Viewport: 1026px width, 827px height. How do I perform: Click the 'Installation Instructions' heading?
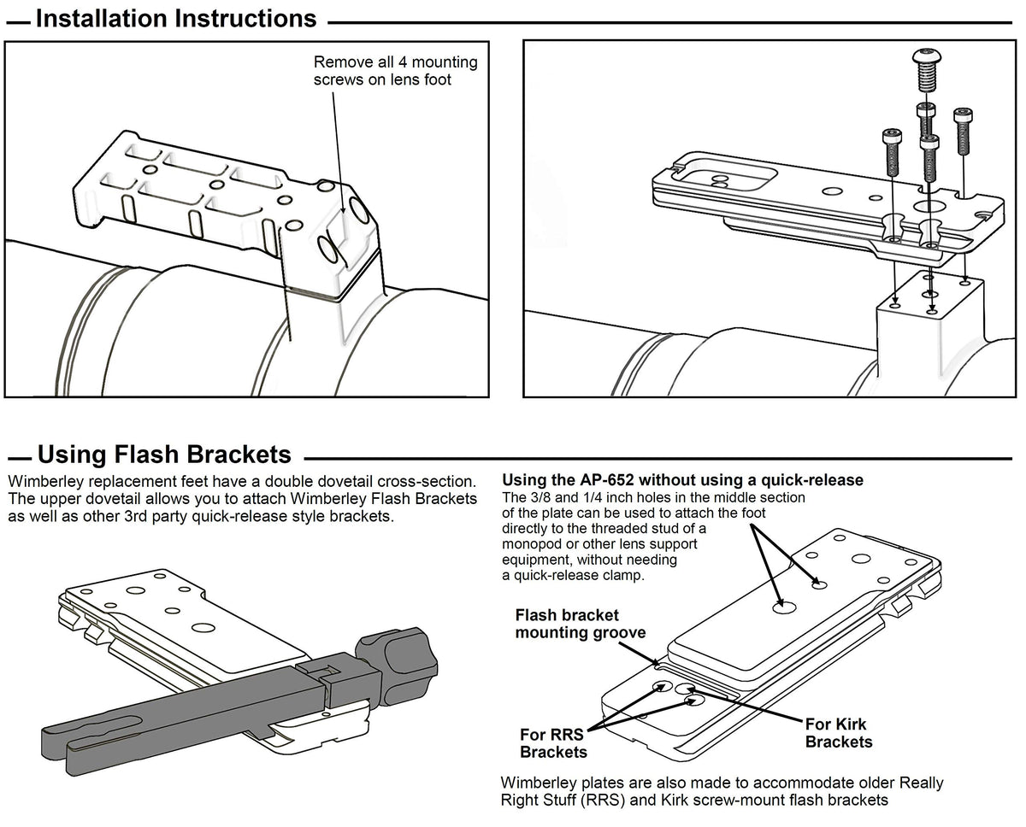point(176,19)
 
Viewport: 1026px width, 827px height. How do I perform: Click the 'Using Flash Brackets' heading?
point(164,454)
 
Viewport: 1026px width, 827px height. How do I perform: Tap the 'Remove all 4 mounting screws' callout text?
point(396,70)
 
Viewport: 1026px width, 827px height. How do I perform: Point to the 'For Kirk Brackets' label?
point(839,733)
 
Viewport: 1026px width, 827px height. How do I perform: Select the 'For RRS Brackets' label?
point(553,742)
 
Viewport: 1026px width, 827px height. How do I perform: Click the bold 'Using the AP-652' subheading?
point(682,480)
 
